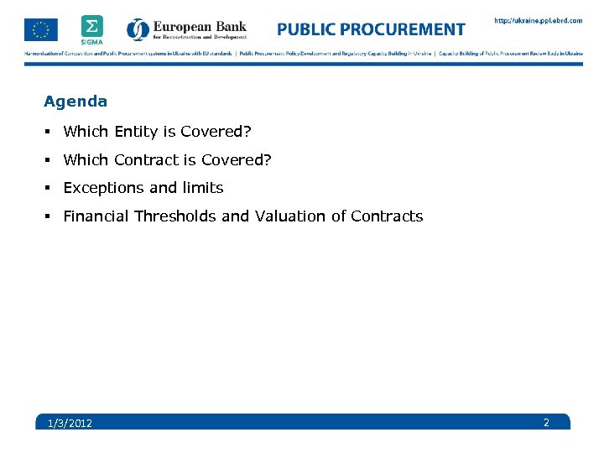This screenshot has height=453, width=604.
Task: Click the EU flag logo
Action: point(40,29)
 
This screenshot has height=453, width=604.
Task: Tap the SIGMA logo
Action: point(92,29)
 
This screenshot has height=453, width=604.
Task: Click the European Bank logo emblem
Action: point(138,30)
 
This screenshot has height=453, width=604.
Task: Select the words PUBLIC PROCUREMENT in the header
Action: point(371,30)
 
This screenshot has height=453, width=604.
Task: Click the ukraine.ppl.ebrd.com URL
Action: point(537,21)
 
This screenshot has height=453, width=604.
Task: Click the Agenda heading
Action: point(75,102)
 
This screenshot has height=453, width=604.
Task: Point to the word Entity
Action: point(133,132)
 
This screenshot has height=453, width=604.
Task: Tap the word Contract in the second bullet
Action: point(146,159)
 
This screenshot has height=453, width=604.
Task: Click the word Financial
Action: point(96,216)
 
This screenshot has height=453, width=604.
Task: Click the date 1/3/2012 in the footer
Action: point(70,423)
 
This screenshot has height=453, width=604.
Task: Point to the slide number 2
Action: point(546,422)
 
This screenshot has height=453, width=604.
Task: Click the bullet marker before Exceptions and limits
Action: point(49,188)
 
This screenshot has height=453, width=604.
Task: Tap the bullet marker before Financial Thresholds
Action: point(49,216)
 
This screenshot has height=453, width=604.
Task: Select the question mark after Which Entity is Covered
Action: point(247,132)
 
